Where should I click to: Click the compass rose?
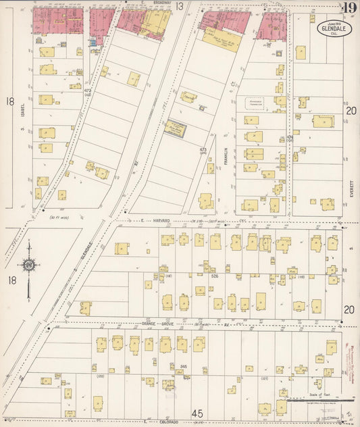pyautogui.click(x=29, y=267)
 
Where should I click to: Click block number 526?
pyautogui.click(x=215, y=276)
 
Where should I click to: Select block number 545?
pyautogui.click(x=183, y=366)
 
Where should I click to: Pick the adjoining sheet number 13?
pyautogui.click(x=180, y=6)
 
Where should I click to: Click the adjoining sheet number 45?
pyautogui.click(x=197, y=413)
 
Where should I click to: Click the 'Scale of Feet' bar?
pyautogui.click(x=315, y=399)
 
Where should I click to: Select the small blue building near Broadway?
pyautogui.click(x=93, y=43)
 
